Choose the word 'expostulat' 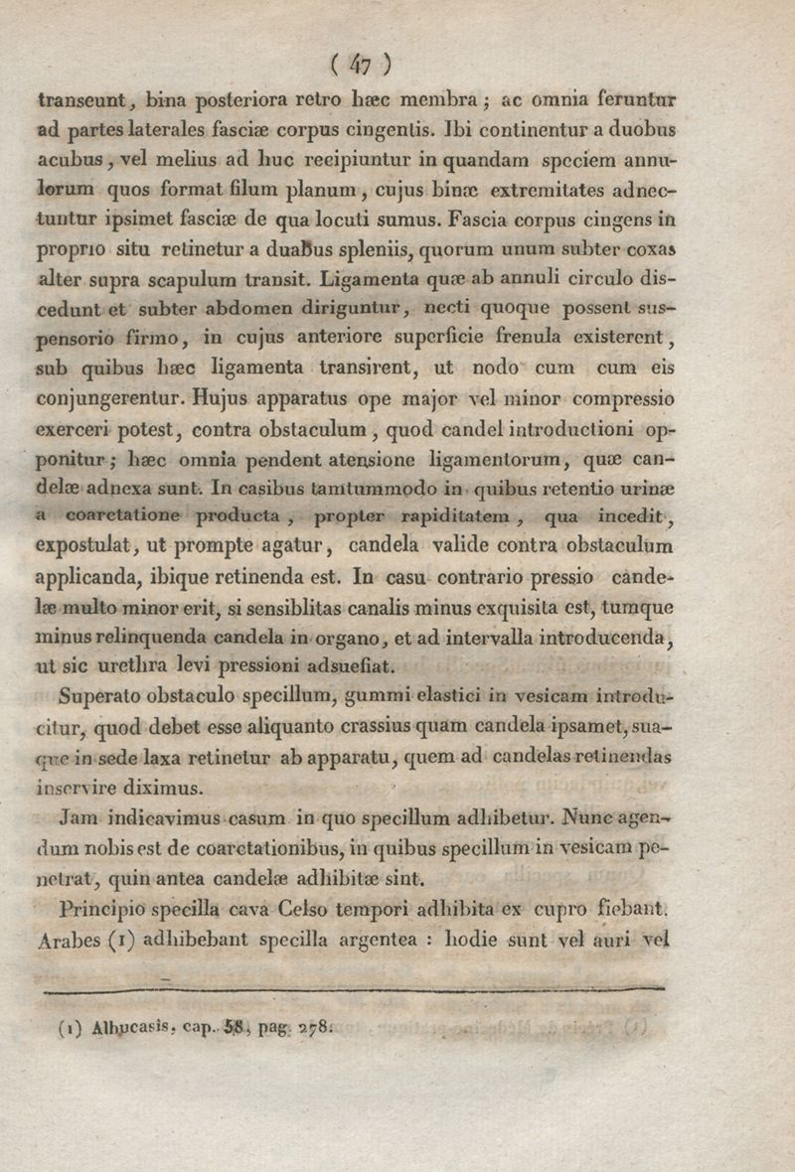tap(84, 545)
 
